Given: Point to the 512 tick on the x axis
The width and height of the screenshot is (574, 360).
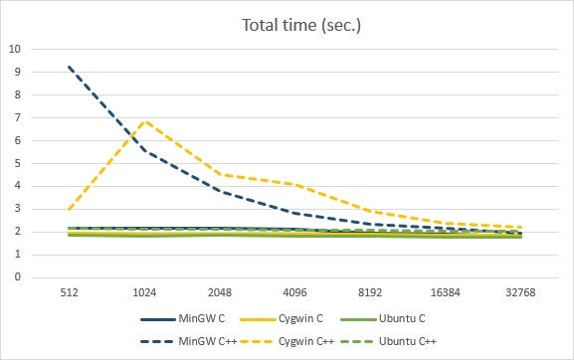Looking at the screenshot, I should point(69,294).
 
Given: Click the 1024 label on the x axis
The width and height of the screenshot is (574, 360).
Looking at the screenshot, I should point(147,294).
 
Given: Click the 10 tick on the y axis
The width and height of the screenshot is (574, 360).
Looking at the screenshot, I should point(14,48).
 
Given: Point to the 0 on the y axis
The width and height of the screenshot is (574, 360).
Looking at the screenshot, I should point(17,277).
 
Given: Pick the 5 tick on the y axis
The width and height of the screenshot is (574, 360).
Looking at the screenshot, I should point(17,163).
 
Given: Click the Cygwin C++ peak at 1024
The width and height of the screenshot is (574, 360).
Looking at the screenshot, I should point(147,120).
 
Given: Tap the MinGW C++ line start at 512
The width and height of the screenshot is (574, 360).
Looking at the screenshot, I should point(69,67).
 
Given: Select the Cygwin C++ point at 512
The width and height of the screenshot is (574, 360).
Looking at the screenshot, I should point(69,209).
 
